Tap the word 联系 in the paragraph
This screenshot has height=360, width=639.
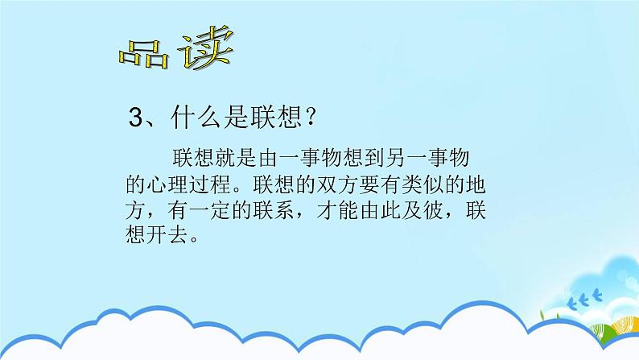pos(278,212)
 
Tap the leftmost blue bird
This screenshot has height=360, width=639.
pos(571,304)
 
